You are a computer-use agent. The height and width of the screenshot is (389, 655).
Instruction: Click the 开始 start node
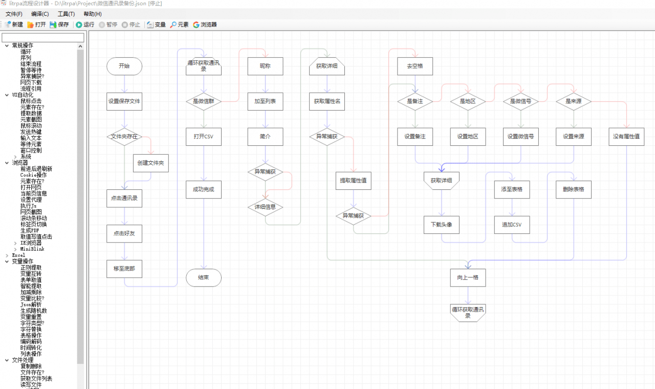pos(124,66)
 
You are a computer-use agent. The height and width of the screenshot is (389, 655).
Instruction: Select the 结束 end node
pos(204,277)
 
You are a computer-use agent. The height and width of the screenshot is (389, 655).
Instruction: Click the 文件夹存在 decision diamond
pos(124,137)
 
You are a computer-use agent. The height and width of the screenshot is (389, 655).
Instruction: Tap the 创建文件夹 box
pos(150,163)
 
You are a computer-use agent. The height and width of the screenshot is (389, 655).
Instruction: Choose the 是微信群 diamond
pos(204,101)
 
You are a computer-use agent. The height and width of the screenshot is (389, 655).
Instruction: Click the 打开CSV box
pos(204,137)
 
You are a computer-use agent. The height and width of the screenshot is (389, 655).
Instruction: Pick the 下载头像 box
pos(442,225)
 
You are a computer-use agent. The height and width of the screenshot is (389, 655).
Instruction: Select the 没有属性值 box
pos(626,137)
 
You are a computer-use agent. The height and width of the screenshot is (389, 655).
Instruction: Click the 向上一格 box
pos(468,277)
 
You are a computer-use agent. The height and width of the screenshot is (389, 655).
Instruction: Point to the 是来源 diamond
pos(574,101)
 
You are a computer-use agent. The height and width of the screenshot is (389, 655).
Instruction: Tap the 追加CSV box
pos(512,225)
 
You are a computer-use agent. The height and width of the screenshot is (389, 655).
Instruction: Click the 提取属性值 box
pos(353,181)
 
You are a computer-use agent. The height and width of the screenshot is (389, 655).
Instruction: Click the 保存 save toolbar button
pos(59,25)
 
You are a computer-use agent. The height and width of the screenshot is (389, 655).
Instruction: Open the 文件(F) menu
pos(14,14)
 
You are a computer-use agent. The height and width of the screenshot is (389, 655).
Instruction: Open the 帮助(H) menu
pos(93,14)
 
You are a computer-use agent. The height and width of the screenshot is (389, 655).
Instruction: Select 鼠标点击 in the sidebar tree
pos(31,101)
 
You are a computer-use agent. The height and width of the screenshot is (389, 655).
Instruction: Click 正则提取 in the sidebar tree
pos(31,268)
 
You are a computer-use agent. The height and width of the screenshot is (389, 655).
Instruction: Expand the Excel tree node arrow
pos(7,255)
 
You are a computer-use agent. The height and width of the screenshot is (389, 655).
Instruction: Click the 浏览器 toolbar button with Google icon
pos(205,25)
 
